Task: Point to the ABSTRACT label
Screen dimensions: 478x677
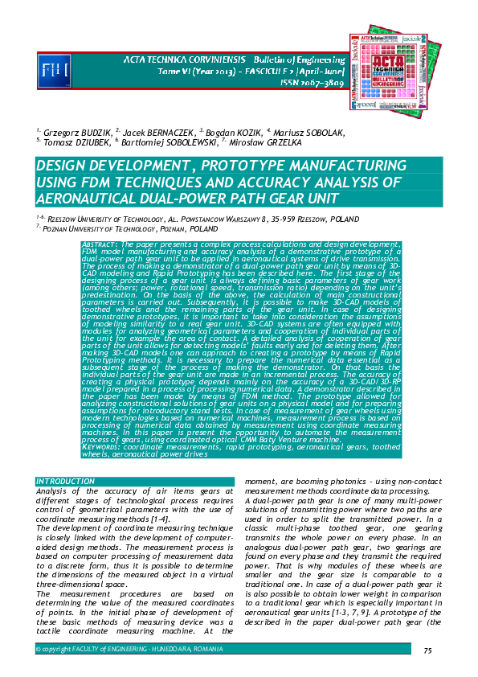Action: click(x=100, y=243)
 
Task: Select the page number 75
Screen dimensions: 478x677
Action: click(x=427, y=650)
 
